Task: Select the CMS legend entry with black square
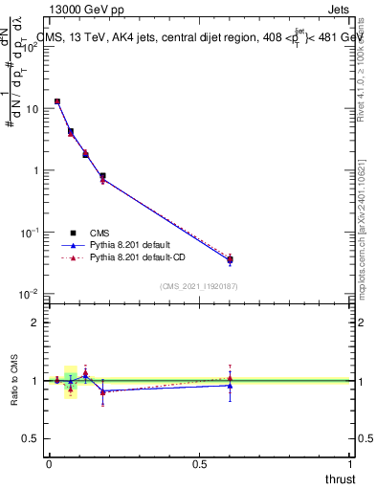100,233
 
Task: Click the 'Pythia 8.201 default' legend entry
135,245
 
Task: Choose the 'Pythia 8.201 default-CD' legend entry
143,257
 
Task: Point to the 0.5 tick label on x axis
199,464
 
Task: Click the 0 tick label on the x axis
49,464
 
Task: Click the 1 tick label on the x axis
350,464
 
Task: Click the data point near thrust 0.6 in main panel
230,259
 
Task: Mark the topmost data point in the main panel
57,101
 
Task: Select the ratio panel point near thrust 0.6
230,385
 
